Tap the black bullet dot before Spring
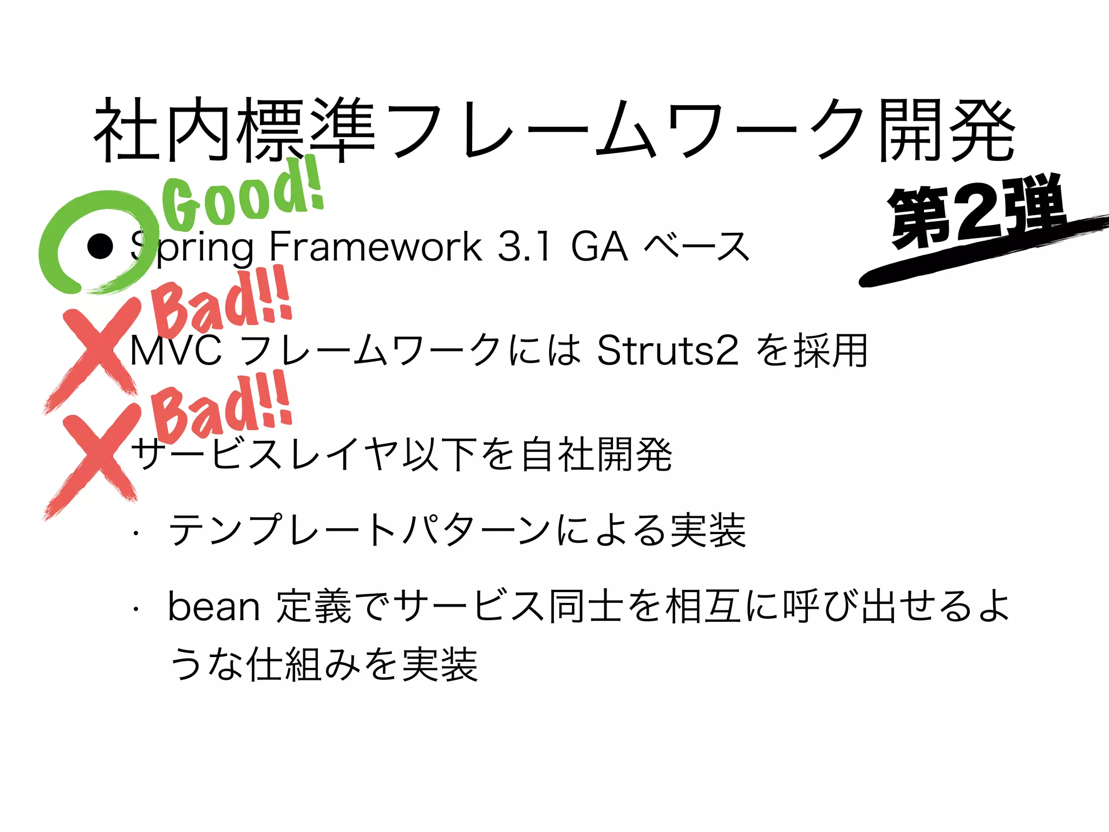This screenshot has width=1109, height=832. pyautogui.click(x=100, y=246)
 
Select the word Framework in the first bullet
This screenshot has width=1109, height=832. pyautogui.click(x=375, y=246)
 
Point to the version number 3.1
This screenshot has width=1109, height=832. pyautogui.click(x=524, y=246)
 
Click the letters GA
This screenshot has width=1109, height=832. pyautogui.click(x=599, y=246)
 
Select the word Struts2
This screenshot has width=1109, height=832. pyautogui.click(x=667, y=351)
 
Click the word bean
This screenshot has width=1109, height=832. pyautogui.click(x=214, y=607)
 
